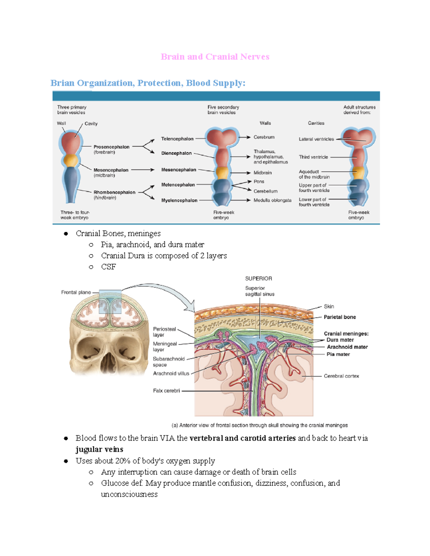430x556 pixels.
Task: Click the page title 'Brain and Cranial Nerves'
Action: point(215,57)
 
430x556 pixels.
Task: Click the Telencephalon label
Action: point(177,139)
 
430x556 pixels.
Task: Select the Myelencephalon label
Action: point(179,200)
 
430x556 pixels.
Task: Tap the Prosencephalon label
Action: point(111,147)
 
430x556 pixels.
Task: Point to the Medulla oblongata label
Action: point(272,200)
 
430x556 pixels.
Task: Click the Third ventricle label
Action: point(313,157)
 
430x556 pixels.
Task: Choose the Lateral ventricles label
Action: point(316,139)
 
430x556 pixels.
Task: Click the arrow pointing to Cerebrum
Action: point(244,137)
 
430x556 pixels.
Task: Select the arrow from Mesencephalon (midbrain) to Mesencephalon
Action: point(143,170)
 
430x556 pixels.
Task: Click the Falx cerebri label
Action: point(166,391)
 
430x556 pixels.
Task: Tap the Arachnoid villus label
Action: point(171,373)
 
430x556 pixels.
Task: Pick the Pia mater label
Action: point(338,354)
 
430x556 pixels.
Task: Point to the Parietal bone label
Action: point(340,317)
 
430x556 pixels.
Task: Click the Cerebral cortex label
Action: point(341,376)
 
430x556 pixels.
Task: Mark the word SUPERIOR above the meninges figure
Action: point(258,279)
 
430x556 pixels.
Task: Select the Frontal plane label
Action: point(76,292)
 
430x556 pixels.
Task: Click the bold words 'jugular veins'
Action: point(99,449)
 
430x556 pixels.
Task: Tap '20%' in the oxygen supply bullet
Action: point(123,461)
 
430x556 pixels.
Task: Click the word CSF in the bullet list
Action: point(108,267)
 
